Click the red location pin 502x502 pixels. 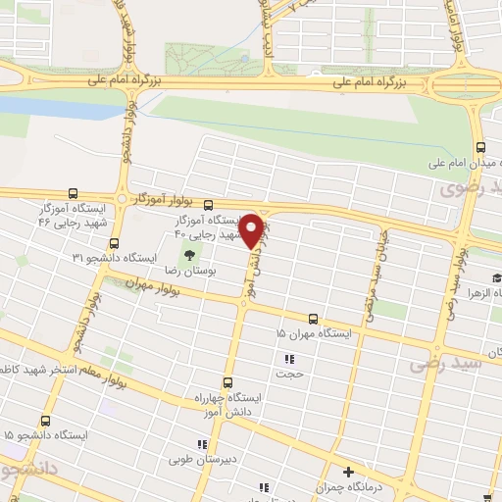(252, 230)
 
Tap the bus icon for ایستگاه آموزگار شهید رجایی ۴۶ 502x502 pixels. (75, 194)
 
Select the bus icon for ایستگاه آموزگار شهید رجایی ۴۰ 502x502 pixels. (209, 205)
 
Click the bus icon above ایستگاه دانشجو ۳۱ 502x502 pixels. (114, 243)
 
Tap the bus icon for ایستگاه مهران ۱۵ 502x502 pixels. (314, 319)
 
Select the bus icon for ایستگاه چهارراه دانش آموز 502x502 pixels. (227, 383)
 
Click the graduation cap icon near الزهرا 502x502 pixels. (496, 277)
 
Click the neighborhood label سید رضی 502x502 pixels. (452, 364)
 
